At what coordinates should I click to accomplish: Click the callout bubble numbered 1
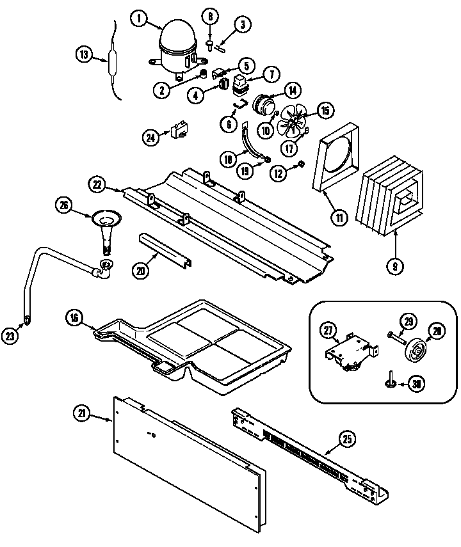coord(138,19)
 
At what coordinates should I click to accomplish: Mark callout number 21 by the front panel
coord(81,414)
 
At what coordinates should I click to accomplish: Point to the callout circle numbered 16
coord(75,317)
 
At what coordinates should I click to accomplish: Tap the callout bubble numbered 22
coord(97,184)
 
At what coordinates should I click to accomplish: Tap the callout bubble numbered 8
coord(211,16)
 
